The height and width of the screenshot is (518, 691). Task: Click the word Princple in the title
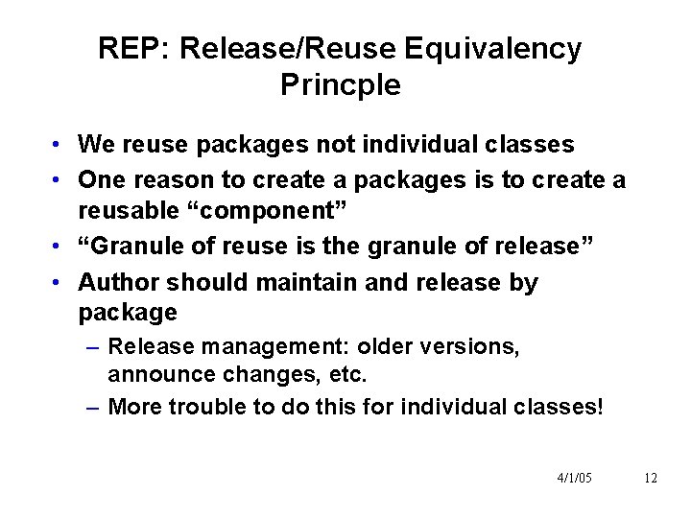click(341, 84)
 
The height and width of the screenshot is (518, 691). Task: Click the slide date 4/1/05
click(575, 478)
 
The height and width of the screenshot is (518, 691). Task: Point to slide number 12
click(651, 478)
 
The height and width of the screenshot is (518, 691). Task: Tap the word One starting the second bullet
click(99, 179)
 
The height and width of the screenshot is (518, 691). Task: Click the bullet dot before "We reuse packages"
click(60, 146)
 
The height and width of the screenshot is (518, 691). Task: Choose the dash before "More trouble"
click(91, 407)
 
